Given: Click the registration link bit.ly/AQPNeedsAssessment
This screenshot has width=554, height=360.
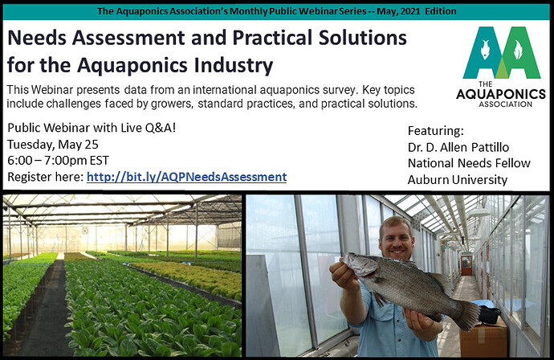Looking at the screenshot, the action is (186, 177).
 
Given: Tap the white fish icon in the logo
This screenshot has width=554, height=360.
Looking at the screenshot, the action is (485, 49).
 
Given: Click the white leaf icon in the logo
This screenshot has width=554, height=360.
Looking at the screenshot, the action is (518, 50).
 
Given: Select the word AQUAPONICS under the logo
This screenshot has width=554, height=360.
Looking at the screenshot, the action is (501, 94).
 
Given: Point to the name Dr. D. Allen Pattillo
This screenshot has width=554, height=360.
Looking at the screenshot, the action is (458, 147).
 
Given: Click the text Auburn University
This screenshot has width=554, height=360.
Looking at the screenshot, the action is (458, 180).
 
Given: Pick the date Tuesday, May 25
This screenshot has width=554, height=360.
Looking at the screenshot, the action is (53, 145).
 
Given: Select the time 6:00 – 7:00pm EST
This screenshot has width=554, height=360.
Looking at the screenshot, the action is (59, 161).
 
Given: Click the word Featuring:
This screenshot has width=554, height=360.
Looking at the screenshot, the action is (436, 131).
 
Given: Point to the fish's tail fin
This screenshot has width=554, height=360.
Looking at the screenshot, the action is (469, 314).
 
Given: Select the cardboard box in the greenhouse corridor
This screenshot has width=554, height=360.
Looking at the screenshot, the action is (483, 337).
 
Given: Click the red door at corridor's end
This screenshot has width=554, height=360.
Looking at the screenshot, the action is (466, 264).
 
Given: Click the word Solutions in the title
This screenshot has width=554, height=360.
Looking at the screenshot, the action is (362, 38).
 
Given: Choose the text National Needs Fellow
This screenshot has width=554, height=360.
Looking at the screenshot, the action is (469, 163).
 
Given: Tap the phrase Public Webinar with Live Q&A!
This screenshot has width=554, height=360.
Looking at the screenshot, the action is (92, 128).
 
